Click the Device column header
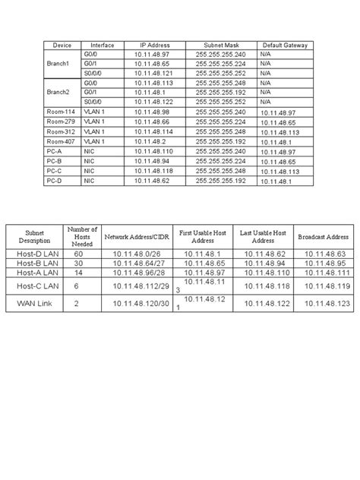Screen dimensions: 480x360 pos(62,46)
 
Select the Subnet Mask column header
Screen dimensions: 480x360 pos(221,46)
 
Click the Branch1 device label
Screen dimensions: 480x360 pos(58,64)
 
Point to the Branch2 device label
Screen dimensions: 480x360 pos(58,93)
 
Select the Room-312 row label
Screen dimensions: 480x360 pos(60,131)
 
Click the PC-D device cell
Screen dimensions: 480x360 pos(54,181)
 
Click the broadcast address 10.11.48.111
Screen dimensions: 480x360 pos(327,273)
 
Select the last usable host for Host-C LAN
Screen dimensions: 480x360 pos(263,286)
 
